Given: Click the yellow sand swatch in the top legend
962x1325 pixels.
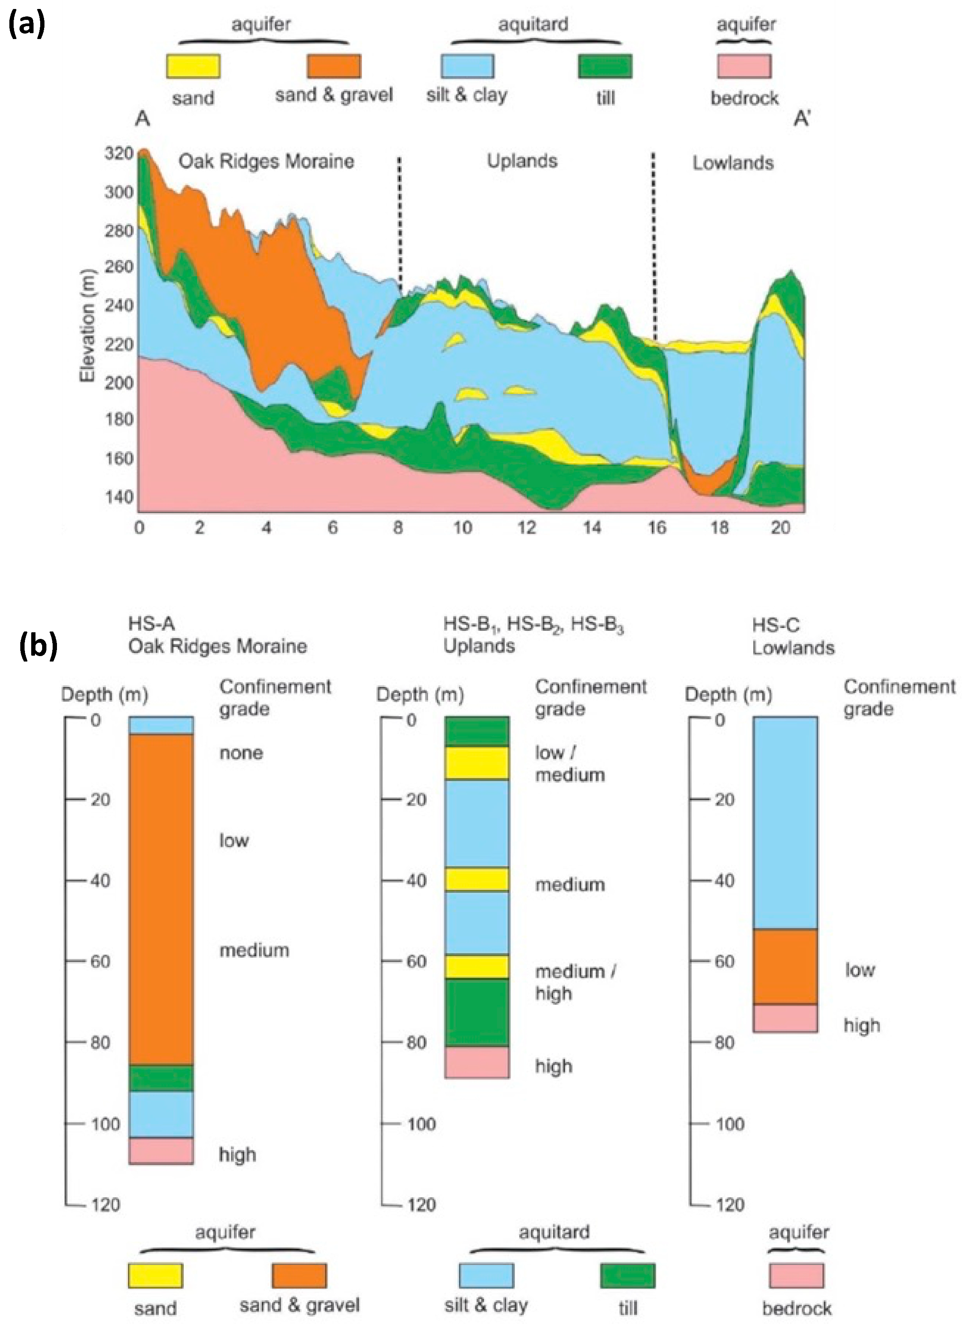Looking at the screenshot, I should (x=193, y=66).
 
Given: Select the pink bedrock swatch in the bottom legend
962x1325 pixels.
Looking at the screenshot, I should (x=796, y=1275).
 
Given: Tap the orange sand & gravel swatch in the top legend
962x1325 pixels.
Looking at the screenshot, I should (x=334, y=66).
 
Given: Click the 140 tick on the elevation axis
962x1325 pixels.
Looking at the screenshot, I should (x=119, y=497).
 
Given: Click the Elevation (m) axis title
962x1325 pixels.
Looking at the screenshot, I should (x=88, y=325).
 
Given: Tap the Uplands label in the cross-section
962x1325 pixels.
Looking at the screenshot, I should (x=522, y=161).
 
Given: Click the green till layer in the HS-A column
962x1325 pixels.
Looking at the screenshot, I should (x=161, y=1078).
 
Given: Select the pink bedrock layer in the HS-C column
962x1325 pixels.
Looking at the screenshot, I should (x=785, y=1018).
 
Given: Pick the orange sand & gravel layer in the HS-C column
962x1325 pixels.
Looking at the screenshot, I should (x=785, y=967).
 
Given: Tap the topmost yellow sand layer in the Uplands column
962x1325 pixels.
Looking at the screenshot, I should (x=477, y=763).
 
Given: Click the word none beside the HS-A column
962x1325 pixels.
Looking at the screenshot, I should (x=241, y=752).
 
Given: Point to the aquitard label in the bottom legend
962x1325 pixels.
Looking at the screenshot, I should (x=554, y=1232).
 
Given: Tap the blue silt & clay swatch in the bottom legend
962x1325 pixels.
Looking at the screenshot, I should (x=486, y=1275).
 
